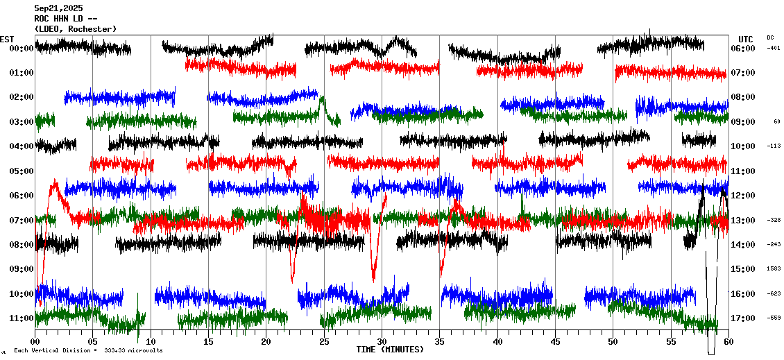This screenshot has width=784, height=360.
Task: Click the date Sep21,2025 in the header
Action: pos(58,8)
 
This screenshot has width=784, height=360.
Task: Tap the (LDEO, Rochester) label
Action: pos(75,28)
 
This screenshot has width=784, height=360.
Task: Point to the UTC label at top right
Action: pos(745,39)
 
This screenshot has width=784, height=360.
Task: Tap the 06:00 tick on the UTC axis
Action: pos(743,49)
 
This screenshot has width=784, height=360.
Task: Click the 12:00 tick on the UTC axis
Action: pos(743,196)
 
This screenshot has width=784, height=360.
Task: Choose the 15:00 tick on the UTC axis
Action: pos(743,270)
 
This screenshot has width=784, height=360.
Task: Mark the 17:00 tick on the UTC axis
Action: pos(743,318)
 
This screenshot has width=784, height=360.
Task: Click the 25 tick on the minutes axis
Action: pos(324,342)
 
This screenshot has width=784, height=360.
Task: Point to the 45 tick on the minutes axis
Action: pos(555,342)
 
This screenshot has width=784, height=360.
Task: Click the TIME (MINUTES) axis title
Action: pos(390,350)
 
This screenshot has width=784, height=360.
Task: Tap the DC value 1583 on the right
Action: pos(774,269)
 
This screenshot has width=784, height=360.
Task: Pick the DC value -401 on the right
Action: pos(774,48)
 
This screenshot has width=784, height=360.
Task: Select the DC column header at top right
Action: pos(770,37)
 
